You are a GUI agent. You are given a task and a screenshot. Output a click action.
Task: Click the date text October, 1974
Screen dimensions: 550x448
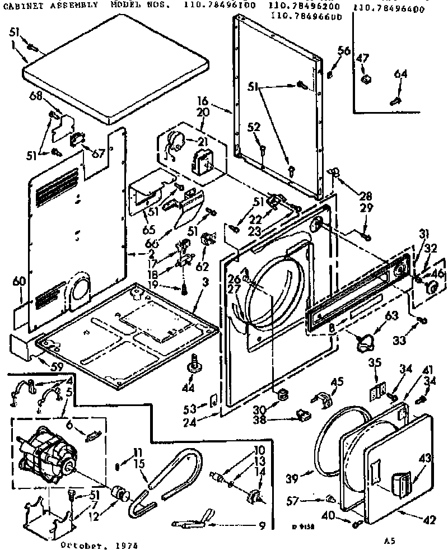pos(99,543)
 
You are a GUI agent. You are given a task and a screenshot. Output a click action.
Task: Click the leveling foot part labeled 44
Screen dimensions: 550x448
pos(195,365)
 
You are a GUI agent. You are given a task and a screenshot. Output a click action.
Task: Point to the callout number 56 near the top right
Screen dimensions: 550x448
pos(344,52)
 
